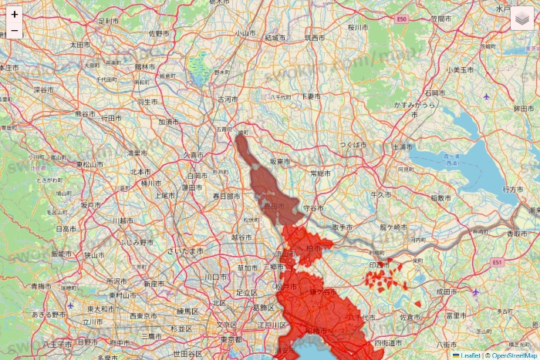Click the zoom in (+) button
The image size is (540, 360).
[15, 14]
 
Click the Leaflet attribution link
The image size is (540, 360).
[467, 355]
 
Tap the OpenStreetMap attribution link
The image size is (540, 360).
[513, 355]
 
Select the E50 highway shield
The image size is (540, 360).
[400, 18]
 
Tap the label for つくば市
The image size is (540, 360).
[354, 144]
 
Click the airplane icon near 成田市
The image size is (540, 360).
[475, 292]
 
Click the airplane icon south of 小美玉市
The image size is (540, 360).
[486, 96]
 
